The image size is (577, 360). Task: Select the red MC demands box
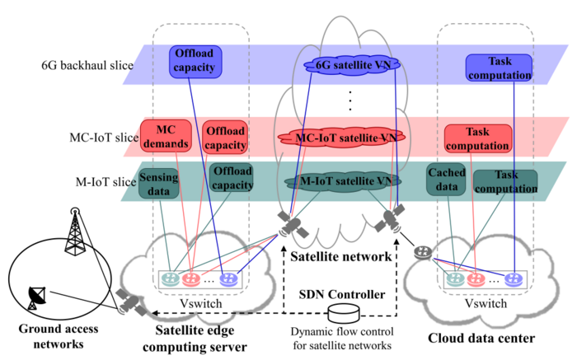(x=166, y=137)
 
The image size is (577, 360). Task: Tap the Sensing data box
(x=159, y=184)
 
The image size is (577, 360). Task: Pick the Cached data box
(x=446, y=180)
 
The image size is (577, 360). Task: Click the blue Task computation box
(x=499, y=68)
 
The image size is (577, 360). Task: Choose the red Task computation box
(x=476, y=139)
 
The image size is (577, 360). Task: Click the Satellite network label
(x=340, y=256)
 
